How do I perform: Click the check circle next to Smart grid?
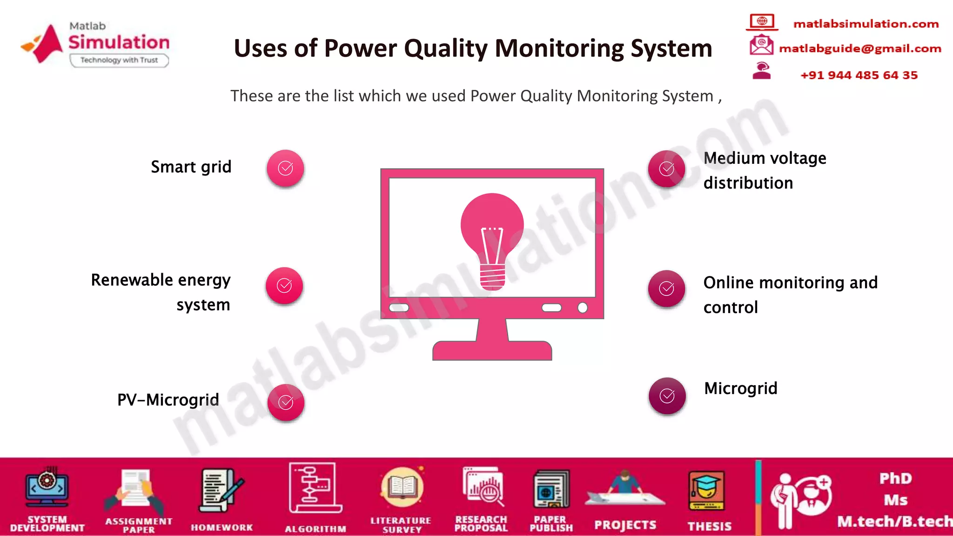(285, 168)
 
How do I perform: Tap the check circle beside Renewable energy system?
(284, 286)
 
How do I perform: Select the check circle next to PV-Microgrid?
(286, 402)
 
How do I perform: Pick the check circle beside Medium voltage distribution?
(666, 169)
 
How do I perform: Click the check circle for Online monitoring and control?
(666, 289)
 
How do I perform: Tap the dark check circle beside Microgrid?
(667, 396)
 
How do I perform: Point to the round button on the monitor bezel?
(582, 308)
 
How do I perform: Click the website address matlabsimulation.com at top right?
(866, 24)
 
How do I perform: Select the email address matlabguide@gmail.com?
(860, 48)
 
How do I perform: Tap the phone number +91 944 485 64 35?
(859, 75)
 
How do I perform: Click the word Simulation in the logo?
(119, 42)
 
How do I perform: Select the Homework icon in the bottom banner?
(221, 491)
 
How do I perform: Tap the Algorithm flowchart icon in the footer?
(315, 488)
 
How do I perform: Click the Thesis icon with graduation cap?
(706, 491)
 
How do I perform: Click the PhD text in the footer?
(895, 479)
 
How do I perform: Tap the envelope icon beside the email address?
(761, 46)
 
